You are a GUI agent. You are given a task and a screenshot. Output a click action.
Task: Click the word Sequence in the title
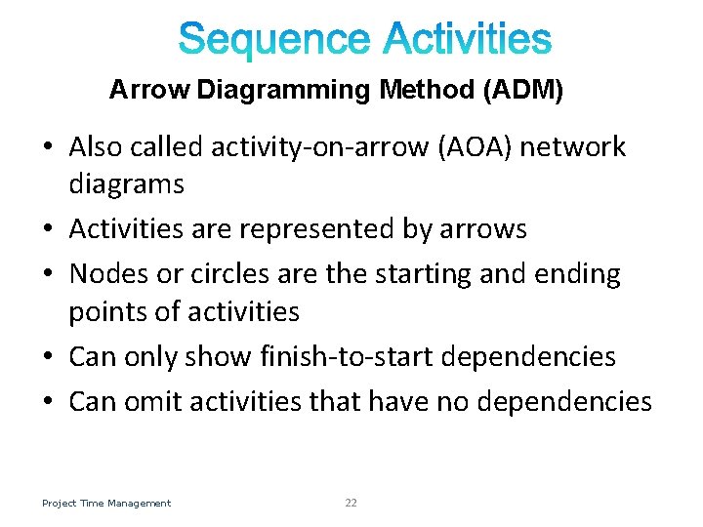click(275, 40)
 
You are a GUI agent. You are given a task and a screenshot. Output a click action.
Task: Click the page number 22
click(351, 503)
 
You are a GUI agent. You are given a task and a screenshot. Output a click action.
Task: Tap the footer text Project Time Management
click(106, 503)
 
